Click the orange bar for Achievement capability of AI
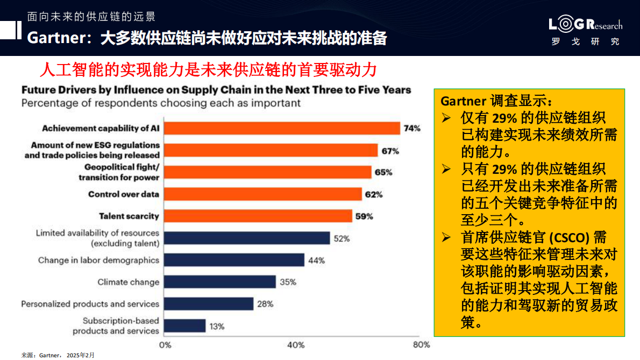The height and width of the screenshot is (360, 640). [282, 128]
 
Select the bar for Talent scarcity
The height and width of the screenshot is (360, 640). [258, 216]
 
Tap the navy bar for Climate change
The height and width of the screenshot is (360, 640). [219, 281]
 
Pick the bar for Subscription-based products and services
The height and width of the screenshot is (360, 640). [184, 326]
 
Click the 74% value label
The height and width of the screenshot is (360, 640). [412, 129]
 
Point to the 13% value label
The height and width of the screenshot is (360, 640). [217, 326]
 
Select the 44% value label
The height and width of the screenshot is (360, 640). [316, 260]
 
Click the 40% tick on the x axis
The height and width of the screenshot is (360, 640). [296, 345]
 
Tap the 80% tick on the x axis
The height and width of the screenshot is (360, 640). [422, 345]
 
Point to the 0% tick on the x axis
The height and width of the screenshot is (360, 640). [166, 345]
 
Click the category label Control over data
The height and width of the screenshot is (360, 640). [123, 194]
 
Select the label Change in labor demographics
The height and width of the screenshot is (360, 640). [98, 260]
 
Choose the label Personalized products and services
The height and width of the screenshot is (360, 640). [90, 304]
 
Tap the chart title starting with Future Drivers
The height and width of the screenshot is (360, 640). [216, 90]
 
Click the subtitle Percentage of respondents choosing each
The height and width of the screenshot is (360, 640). [161, 103]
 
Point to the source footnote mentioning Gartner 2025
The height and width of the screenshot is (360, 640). [58, 355]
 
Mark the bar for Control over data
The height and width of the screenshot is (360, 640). [263, 194]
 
